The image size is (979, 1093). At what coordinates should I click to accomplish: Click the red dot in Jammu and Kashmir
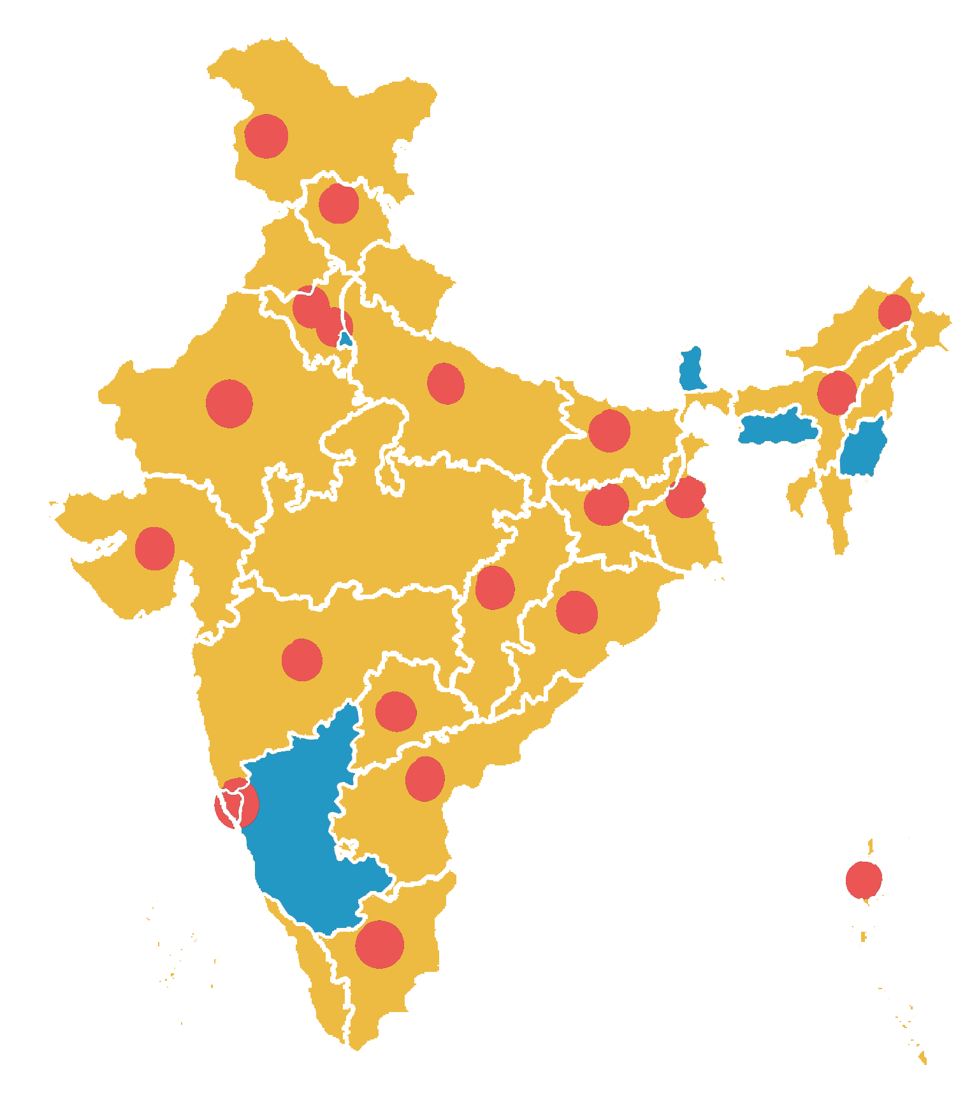click(x=266, y=136)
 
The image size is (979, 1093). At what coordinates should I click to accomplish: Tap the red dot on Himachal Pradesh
click(x=338, y=203)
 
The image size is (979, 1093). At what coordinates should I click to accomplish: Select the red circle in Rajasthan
click(x=229, y=403)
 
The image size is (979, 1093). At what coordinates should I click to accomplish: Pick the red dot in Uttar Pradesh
click(x=446, y=384)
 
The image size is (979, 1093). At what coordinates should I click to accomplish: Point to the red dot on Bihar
click(x=609, y=431)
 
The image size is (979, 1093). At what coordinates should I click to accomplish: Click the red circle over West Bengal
click(x=686, y=497)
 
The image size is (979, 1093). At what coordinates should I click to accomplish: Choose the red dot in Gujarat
click(x=155, y=548)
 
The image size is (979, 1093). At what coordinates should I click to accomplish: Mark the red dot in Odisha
click(x=577, y=612)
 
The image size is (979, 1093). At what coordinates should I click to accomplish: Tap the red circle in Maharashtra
click(x=302, y=660)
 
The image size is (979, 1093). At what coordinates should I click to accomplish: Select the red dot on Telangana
click(x=396, y=711)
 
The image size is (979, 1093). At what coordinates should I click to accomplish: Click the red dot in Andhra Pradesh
click(x=425, y=778)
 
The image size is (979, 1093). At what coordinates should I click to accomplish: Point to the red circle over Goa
click(x=236, y=804)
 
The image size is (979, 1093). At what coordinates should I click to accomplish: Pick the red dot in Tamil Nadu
click(x=380, y=944)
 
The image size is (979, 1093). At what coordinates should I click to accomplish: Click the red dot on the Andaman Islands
click(x=864, y=879)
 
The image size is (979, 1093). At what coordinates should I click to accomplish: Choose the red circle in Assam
click(x=836, y=393)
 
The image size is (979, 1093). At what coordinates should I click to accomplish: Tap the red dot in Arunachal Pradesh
click(x=894, y=312)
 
